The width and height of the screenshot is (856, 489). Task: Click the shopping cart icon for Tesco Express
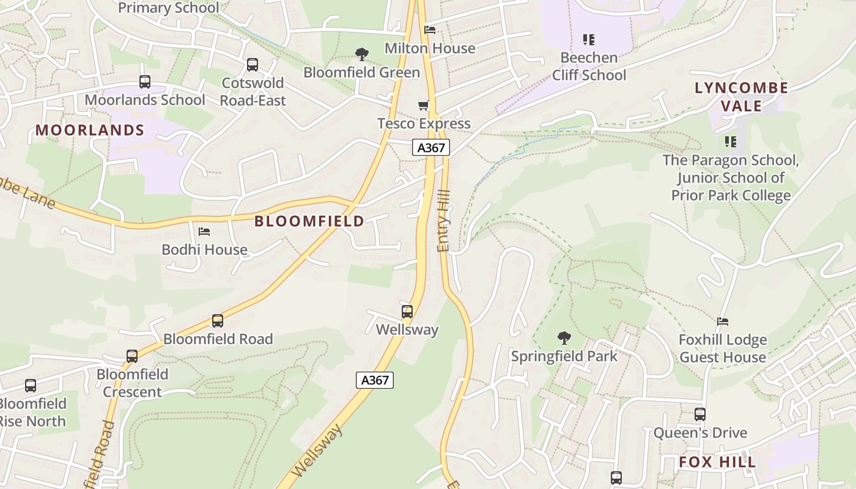point(423,105)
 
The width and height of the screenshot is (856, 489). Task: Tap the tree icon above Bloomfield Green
point(362,54)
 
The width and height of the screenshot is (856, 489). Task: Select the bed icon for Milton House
point(430,30)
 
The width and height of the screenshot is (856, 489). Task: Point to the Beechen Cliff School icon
point(589,40)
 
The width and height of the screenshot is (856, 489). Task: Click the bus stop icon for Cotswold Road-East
point(253,65)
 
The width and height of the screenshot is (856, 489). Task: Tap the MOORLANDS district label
point(90,130)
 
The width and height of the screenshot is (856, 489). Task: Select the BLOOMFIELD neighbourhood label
point(309,221)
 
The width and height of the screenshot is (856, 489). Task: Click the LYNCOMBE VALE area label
point(741,97)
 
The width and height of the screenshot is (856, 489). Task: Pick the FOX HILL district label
point(717,462)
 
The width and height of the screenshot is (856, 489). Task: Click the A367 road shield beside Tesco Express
point(431,147)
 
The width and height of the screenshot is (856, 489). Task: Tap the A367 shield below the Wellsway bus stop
point(375,380)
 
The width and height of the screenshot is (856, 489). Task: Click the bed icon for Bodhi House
point(204,232)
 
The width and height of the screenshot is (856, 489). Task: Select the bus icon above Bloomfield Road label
point(217,321)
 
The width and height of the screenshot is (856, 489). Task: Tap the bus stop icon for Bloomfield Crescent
point(132,356)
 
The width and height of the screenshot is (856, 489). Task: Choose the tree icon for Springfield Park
point(564,337)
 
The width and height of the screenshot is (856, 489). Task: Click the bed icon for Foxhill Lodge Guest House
point(723,322)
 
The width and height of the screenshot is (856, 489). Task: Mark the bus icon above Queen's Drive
point(700,414)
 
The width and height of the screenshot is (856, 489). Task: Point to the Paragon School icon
point(730,142)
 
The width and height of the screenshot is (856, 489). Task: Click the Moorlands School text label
point(145,100)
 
